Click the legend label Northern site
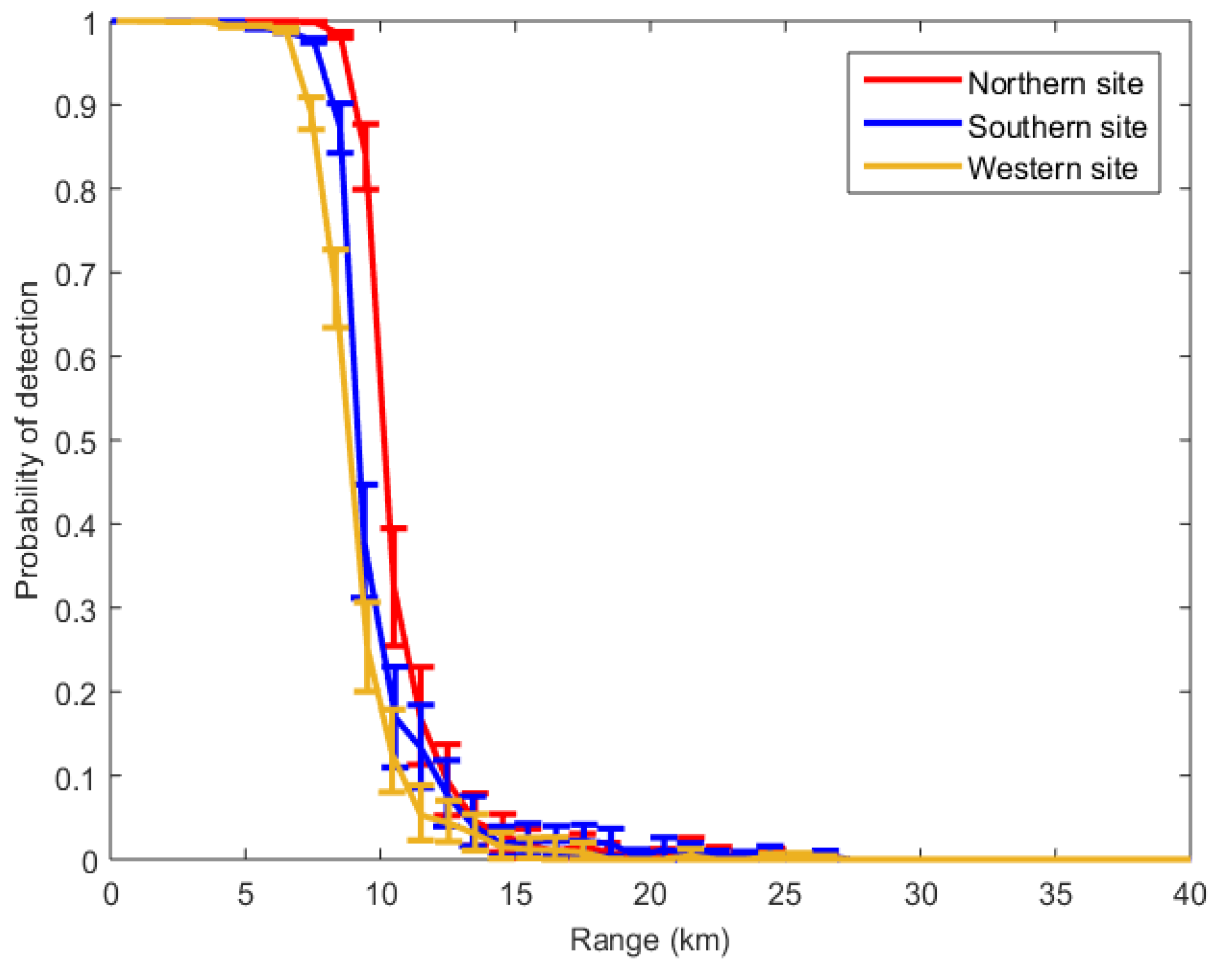pos(1055,84)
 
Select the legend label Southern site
pos(1057,126)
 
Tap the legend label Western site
pos(1052,169)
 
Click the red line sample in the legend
pos(912,80)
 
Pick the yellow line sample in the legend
pos(912,166)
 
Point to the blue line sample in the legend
pos(912,123)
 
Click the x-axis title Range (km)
pos(650,940)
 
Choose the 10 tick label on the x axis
pos(380,894)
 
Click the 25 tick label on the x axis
pos(785,894)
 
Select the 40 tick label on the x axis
pos(1189,894)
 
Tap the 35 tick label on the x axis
pos(1055,894)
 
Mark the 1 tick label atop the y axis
pos(89,24)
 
